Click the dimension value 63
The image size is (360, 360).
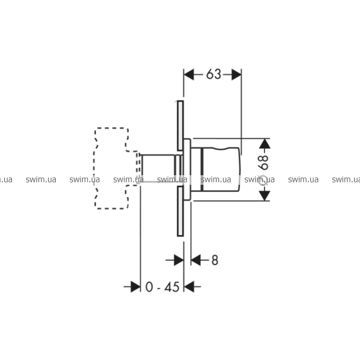[x=214, y=74]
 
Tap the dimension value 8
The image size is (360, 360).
[x=215, y=260]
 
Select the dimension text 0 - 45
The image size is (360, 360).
[x=163, y=287]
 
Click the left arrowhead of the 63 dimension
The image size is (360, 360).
[x=189, y=74]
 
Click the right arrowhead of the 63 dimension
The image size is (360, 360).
[x=236, y=74]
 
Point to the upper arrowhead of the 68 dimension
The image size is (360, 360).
[x=265, y=143]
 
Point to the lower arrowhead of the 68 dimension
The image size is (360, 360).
[x=265, y=196]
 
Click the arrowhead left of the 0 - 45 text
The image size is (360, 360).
[x=136, y=287]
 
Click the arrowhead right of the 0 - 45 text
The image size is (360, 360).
[x=189, y=287]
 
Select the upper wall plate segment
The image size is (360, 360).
[x=180, y=126]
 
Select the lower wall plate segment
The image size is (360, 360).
[x=180, y=211]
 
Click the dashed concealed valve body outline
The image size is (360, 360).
[x=94, y=168]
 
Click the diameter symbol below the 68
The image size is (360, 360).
[x=263, y=180]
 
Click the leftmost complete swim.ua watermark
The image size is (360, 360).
[x=41, y=179]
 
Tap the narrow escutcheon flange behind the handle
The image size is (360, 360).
[x=187, y=169]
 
